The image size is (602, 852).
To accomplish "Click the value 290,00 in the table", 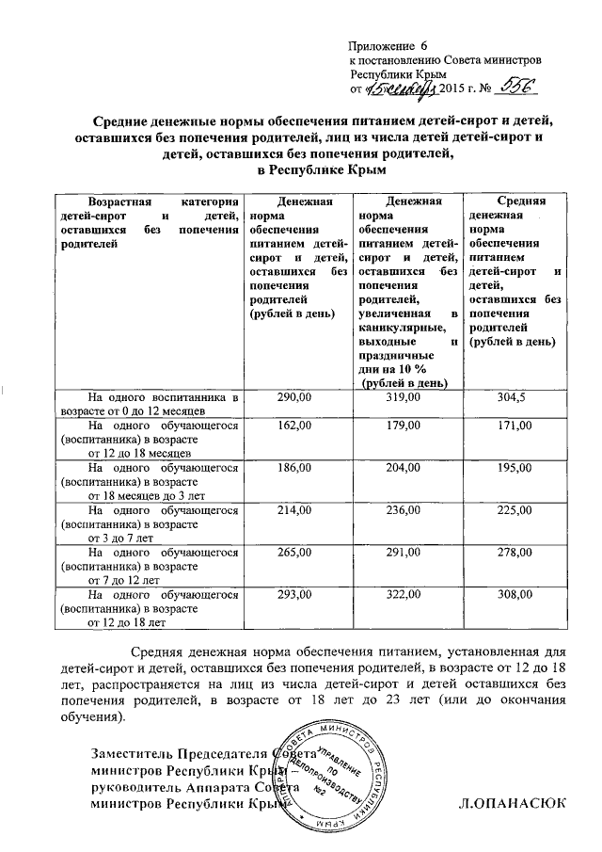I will tap(296, 399).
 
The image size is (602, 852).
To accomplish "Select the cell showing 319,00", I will tap(405, 399).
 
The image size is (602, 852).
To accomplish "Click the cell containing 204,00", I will tap(405, 468).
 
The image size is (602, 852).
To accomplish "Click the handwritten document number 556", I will tap(516, 87).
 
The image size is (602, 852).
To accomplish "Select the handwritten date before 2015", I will tap(403, 88).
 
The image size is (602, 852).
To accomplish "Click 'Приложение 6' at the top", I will tap(388, 46).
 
